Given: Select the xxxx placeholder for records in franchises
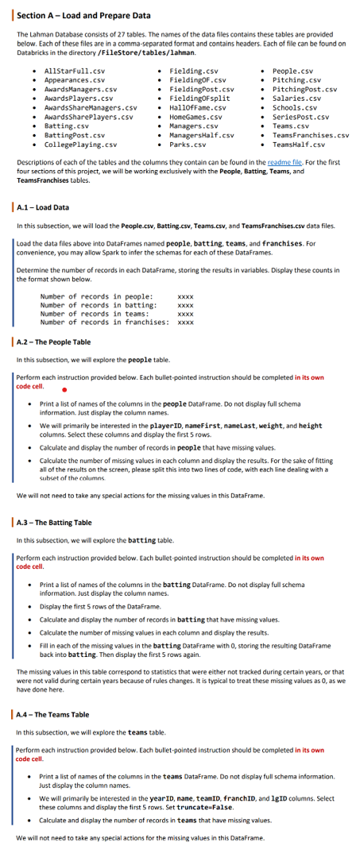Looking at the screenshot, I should pyautogui.click(x=185, y=323).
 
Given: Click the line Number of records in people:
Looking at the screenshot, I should pyautogui.click(x=91, y=296).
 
